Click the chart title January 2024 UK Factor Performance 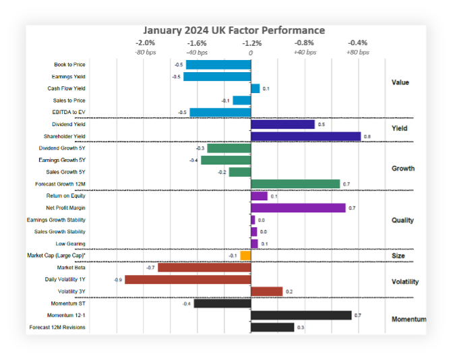[233, 30]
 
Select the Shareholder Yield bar [305, 136]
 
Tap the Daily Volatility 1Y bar [187, 279]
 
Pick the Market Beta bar [204, 268]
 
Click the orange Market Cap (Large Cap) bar [245, 256]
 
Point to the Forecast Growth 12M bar [295, 184]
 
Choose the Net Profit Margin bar [297, 208]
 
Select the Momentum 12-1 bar [301, 315]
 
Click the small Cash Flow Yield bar [255, 88]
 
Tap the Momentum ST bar [222, 303]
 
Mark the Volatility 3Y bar [266, 291]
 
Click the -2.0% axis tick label [146, 42]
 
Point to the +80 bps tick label [357, 52]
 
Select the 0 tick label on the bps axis [251, 52]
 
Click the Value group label [400, 82]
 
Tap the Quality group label [402, 220]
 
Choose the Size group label [398, 256]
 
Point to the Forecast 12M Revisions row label [57, 327]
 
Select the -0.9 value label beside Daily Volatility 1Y [118, 279]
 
